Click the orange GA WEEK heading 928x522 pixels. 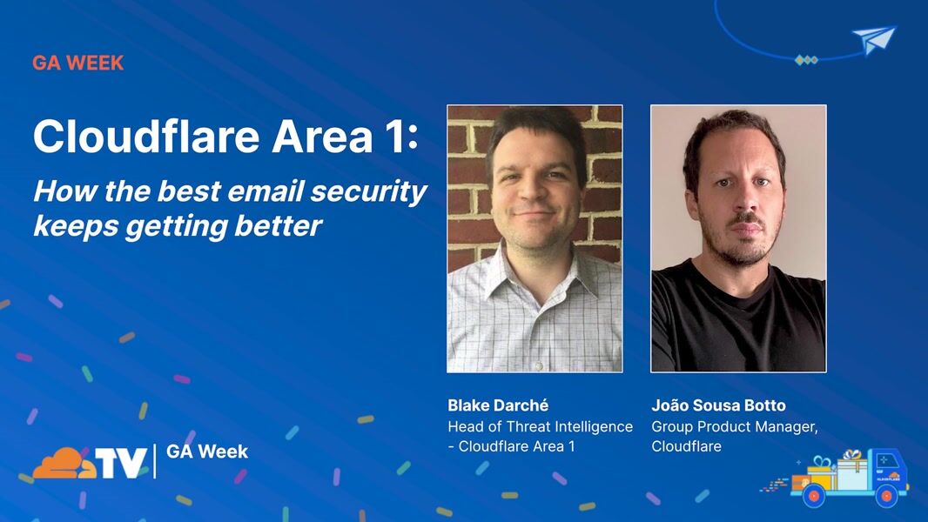pos(78,63)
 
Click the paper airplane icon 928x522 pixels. pos(874,40)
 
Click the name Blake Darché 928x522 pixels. pos(498,405)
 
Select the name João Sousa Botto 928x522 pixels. pos(718,405)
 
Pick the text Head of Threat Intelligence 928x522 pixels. pos(541,426)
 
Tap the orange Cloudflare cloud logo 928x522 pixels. pos(64,463)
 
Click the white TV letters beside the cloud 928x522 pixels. pos(121,463)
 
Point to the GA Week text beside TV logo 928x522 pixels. pos(207,452)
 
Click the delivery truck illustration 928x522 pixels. pos(850,478)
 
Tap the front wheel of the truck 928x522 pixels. pos(886,495)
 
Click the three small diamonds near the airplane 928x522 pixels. pos(806,60)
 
